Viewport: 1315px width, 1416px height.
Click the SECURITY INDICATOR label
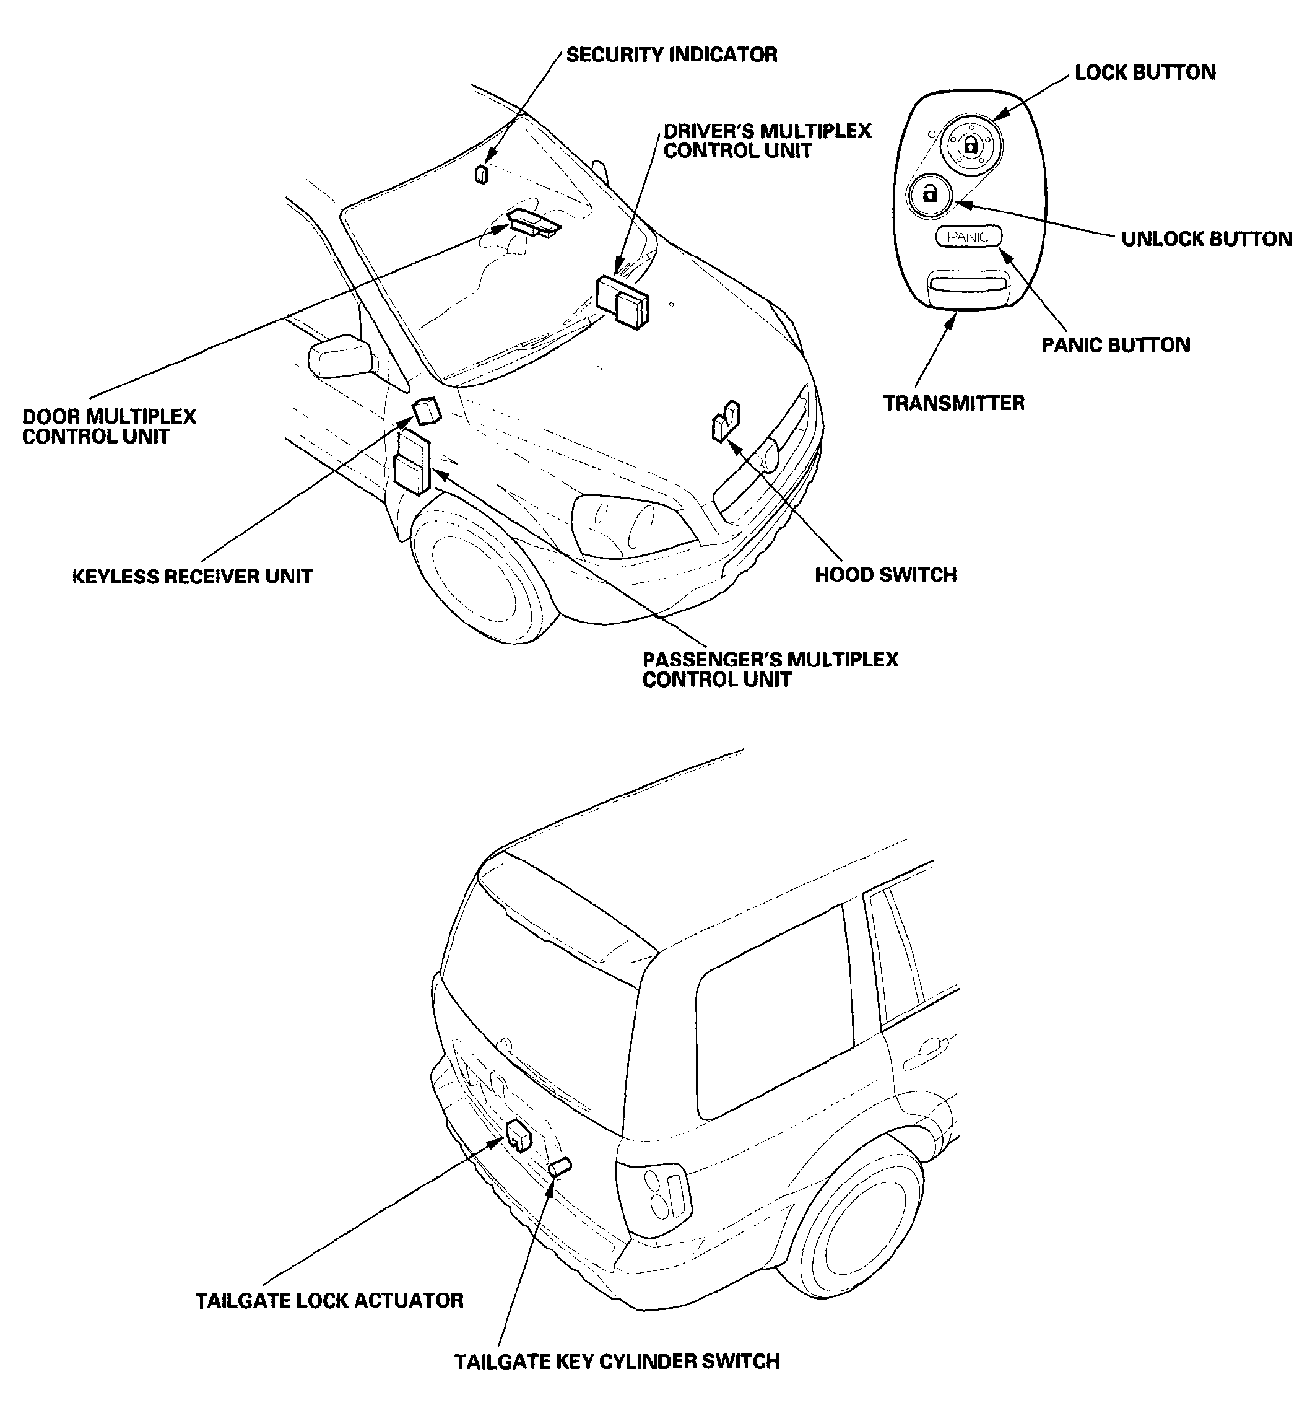(671, 55)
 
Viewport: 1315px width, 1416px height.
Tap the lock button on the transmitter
(971, 145)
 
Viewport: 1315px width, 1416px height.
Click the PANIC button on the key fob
(968, 237)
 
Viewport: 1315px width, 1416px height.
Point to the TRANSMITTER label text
(953, 404)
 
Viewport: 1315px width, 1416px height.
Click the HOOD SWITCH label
(885, 575)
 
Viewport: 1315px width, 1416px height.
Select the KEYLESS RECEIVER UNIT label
(192, 577)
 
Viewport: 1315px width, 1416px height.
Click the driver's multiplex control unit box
(623, 301)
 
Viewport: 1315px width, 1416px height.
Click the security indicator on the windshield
(482, 173)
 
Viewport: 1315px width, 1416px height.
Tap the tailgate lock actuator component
(519, 1135)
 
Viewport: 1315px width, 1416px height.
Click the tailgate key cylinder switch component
(561, 1166)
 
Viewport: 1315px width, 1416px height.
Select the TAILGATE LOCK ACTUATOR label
(329, 1301)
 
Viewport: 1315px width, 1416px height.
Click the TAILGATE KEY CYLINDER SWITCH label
(617, 1363)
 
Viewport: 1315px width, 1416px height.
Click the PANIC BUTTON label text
(1116, 345)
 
